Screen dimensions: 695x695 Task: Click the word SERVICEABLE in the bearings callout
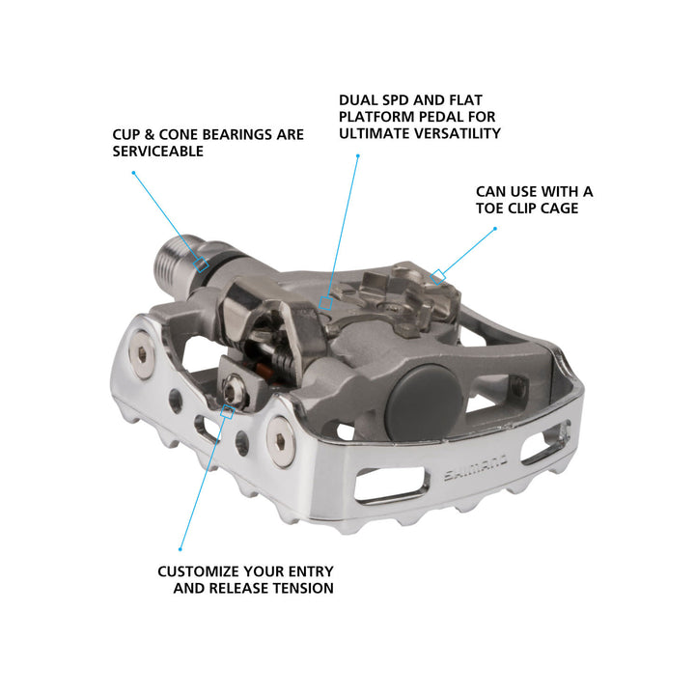coord(157,152)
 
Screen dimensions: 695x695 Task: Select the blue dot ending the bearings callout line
coord(133,174)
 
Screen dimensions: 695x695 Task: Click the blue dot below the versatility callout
coord(357,155)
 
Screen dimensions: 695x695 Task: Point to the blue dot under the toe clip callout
coord(495,229)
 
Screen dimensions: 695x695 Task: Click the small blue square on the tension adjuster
coord(228,410)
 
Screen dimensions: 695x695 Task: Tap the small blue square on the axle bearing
coord(203,264)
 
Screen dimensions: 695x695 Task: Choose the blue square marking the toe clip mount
coord(437,277)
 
